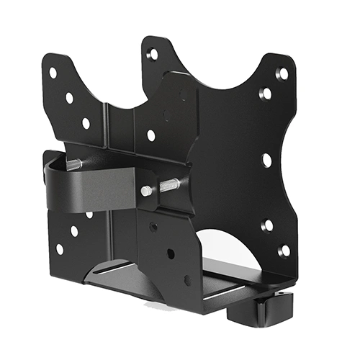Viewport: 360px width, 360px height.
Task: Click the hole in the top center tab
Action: coord(153,53)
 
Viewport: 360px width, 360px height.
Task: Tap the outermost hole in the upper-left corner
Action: coord(53,73)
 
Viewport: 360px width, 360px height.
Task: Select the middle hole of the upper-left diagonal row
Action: coord(69,98)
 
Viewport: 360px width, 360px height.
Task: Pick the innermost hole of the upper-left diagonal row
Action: coord(86,123)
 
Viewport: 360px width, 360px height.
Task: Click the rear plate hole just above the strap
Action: coord(151,135)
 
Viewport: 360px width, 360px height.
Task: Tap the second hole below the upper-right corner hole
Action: coord(266,94)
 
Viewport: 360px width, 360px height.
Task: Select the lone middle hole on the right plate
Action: coord(266,160)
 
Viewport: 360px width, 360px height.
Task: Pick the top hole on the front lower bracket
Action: coord(153,227)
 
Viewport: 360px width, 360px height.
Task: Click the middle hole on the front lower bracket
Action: coord(170,253)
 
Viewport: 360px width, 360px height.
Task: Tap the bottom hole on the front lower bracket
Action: coord(187,280)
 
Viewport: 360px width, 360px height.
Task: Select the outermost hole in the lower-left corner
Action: coord(59,249)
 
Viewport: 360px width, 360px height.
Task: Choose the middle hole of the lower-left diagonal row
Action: coord(74,231)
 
